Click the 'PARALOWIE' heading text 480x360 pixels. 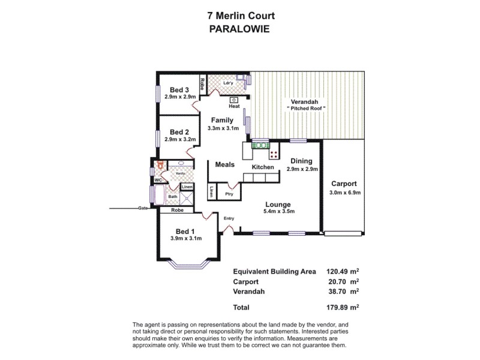point(239,28)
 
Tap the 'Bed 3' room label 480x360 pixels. point(180,90)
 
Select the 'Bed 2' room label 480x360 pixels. point(179,132)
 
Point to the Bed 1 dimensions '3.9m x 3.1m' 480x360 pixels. point(185,239)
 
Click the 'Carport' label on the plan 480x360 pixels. point(344,184)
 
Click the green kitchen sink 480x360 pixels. point(260,145)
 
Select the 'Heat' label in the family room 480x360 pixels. point(234,106)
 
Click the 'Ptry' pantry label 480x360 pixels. point(229,194)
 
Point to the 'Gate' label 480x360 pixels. point(142,208)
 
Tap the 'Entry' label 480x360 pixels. point(229,218)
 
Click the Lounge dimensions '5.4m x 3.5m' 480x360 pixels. point(279,211)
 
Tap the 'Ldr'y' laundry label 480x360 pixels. point(228,83)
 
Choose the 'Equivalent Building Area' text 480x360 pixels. point(274,271)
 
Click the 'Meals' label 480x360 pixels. point(224,164)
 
